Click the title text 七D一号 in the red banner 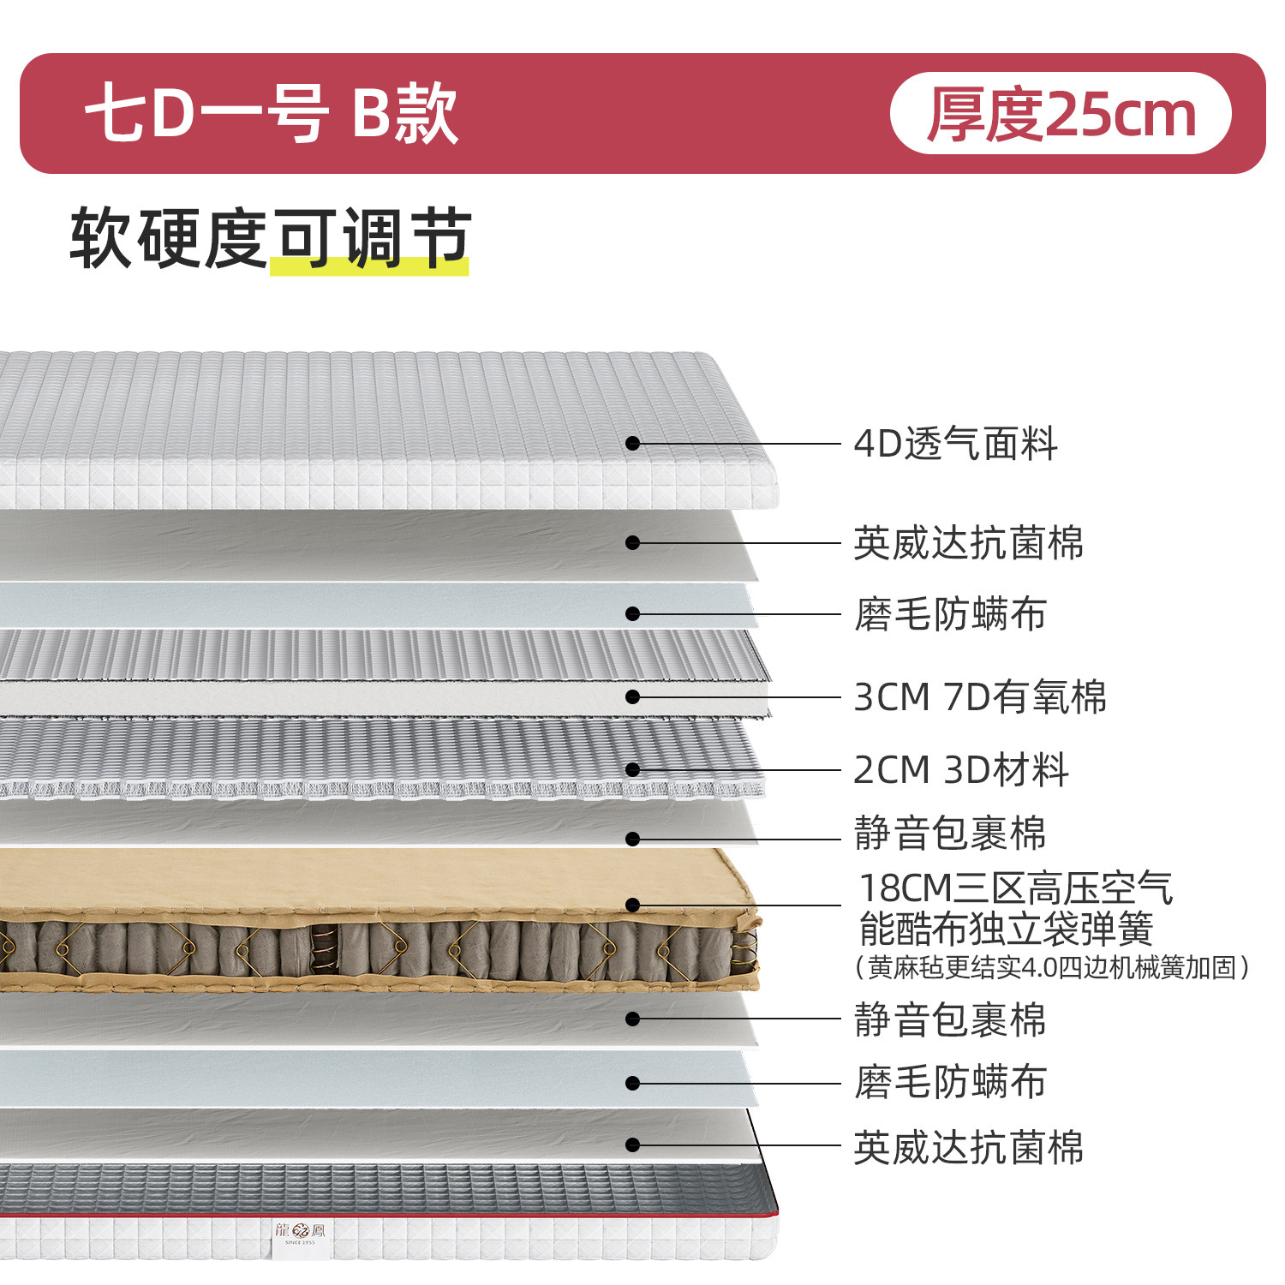[x=206, y=114]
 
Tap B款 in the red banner [x=405, y=114]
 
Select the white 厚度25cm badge [x=1061, y=114]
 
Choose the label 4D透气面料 [x=955, y=444]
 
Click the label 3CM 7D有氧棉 [x=980, y=697]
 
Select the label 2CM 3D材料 [x=960, y=769]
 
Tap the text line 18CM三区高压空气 [x=1015, y=888]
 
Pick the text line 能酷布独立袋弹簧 [x=1006, y=929]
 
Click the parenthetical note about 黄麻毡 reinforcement [x=1052, y=967]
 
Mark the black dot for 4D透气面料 [x=632, y=443]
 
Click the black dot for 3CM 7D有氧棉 [x=632, y=697]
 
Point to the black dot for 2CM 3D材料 [x=632, y=769]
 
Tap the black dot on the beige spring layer [x=632, y=905]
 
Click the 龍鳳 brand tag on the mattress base [x=300, y=1234]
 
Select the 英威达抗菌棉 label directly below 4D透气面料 [x=968, y=543]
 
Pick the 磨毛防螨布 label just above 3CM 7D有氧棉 [x=950, y=614]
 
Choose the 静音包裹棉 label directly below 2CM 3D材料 [x=950, y=834]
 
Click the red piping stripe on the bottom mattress [x=514, y=1214]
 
